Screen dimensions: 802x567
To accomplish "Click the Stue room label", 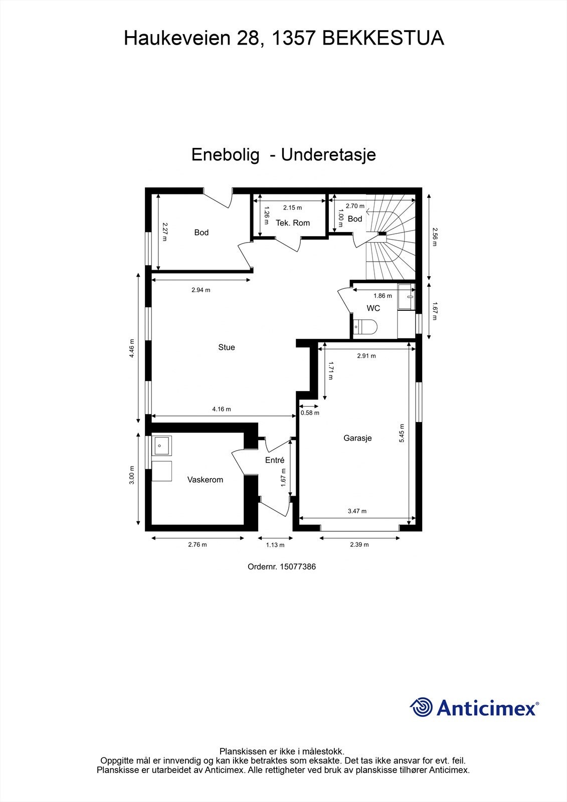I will [227, 347].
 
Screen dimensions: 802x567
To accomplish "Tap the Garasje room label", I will [357, 438].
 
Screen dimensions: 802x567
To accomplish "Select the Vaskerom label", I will [205, 480].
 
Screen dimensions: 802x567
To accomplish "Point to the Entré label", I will [275, 460].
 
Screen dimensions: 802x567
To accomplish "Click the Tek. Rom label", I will [293, 223].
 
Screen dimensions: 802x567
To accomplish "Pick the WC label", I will [373, 308].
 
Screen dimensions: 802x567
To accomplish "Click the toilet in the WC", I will [364, 327].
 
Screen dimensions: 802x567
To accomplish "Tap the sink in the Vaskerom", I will [162, 445].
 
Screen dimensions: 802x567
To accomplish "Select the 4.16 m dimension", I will [222, 409].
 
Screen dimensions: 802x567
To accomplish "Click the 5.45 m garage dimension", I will [402, 433].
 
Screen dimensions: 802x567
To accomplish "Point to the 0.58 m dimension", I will [310, 413].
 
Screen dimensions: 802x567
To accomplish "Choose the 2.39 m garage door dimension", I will [359, 545].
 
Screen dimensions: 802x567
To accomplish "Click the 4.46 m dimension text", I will [131, 346].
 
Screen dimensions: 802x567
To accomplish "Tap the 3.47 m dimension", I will [357, 511].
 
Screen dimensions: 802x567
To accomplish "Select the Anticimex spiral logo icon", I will [421, 707].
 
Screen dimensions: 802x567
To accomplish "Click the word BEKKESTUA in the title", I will [383, 38].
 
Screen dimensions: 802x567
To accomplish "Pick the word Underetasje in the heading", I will [328, 154].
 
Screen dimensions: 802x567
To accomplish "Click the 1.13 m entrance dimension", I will [275, 545].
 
